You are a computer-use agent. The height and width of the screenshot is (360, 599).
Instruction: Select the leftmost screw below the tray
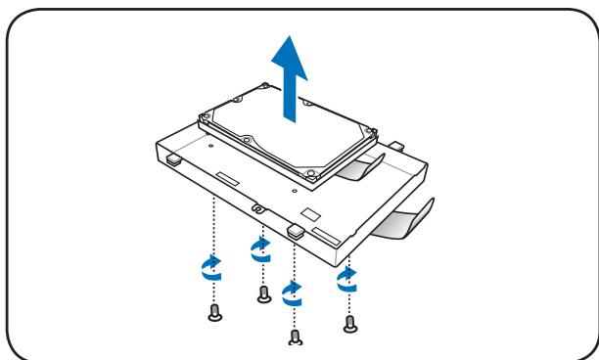coord(215,312)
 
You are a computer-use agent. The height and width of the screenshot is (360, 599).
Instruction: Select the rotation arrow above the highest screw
coord(260,248)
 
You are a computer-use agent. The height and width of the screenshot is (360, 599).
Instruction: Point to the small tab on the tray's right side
coord(398,145)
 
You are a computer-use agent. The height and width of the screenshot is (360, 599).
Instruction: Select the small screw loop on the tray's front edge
coord(258,207)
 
